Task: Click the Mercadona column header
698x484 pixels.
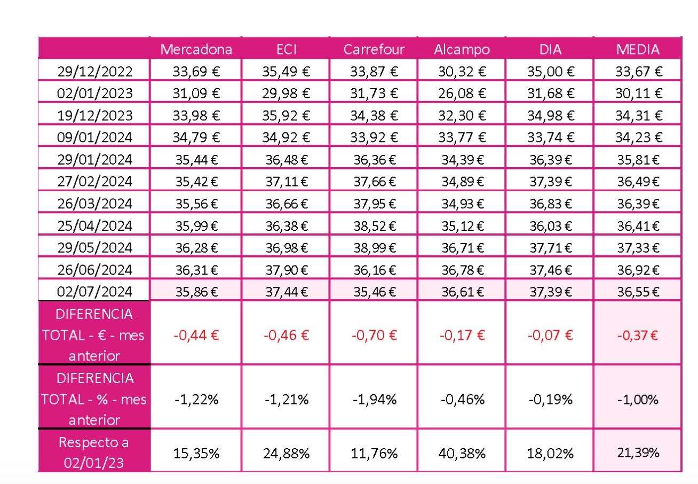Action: (x=196, y=50)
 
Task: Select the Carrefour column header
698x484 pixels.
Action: (x=374, y=50)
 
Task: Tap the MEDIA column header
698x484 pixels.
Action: (x=638, y=50)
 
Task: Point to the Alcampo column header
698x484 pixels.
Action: (x=462, y=50)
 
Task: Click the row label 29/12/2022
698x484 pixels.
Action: (x=95, y=72)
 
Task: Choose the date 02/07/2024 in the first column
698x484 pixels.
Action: (x=95, y=292)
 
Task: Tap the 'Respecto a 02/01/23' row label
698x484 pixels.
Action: (x=94, y=452)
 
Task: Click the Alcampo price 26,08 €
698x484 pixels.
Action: (x=462, y=93)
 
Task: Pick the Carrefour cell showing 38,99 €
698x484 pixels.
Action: (x=375, y=248)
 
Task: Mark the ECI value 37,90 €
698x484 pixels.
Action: (x=286, y=270)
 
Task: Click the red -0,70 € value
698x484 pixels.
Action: (x=374, y=335)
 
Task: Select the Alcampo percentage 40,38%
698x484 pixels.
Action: (x=462, y=454)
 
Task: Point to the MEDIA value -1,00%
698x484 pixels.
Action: (x=639, y=400)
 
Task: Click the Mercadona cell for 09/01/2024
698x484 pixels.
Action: (x=196, y=137)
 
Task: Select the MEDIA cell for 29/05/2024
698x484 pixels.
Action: (x=639, y=248)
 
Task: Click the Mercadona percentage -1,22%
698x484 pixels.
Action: (x=196, y=400)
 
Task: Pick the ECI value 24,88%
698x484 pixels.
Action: (x=286, y=454)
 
